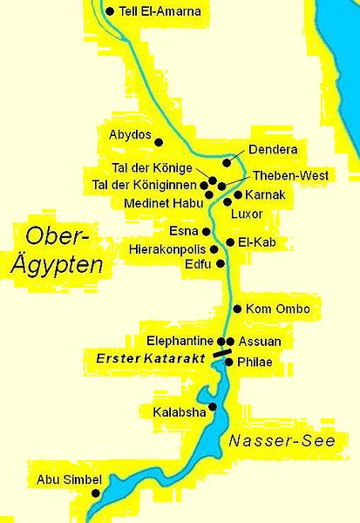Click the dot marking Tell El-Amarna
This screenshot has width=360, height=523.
(x=109, y=11)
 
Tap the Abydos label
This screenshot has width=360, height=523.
(x=130, y=136)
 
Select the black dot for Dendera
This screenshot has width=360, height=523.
(x=227, y=162)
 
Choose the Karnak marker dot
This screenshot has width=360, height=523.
(x=236, y=194)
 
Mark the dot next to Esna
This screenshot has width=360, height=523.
(x=207, y=232)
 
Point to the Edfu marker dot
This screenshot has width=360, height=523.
(x=220, y=262)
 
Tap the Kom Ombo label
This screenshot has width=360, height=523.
(x=278, y=309)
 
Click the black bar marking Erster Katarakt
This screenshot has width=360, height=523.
(x=221, y=354)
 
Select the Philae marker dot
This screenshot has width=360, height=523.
(x=228, y=361)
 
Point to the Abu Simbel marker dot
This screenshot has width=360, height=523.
(x=95, y=492)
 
